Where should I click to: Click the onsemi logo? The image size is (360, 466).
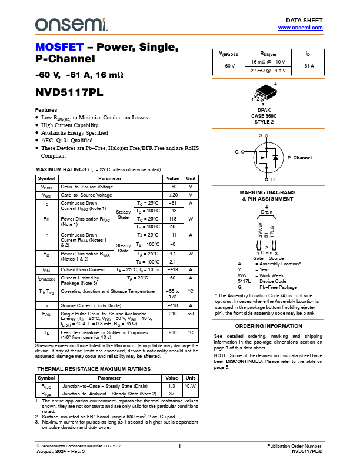pyautogui.click(x=71, y=25)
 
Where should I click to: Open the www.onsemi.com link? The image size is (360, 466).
pyautogui.click(x=301, y=28)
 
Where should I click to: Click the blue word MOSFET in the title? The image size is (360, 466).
pyautogui.click(x=59, y=47)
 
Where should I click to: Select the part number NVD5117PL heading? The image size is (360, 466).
pyautogui.click(x=69, y=92)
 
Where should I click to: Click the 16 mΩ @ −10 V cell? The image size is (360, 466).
pyautogui.click(x=268, y=62)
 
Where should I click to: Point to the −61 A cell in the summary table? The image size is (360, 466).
pyautogui.click(x=308, y=66)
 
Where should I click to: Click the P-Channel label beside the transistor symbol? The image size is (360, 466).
pyautogui.click(x=299, y=158)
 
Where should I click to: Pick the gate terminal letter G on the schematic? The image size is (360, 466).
pyautogui.click(x=236, y=152)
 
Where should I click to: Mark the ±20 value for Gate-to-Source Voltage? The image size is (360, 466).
pyautogui.click(x=173, y=195)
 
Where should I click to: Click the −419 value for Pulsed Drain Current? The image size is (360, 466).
pyautogui.click(x=172, y=270)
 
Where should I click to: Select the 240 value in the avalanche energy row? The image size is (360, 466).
pyautogui.click(x=172, y=314)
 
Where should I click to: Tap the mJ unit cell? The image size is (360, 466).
pyautogui.click(x=191, y=314)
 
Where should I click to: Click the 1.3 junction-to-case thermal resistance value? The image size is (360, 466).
pyautogui.click(x=171, y=386)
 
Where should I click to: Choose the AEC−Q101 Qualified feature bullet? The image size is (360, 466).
pyautogui.click(x=67, y=141)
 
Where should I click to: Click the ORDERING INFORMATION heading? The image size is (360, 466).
pyautogui.click(x=268, y=326)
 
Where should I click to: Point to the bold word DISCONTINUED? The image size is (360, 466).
pyautogui.click(x=244, y=361)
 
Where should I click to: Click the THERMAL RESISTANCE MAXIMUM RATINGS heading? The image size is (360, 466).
pyautogui.click(x=94, y=369)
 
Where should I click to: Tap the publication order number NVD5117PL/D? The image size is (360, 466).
pyautogui.click(x=307, y=451)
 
